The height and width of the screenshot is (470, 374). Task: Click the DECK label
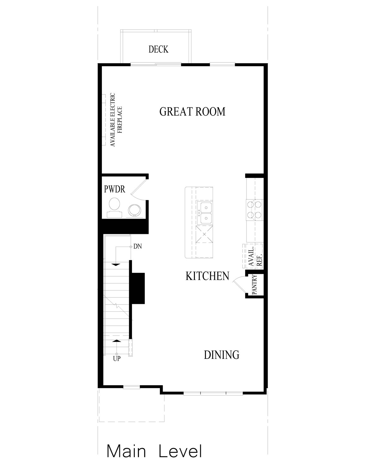159,49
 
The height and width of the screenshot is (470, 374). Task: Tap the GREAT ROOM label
192,112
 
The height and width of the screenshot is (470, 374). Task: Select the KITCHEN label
207,276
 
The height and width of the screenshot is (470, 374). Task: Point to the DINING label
221,355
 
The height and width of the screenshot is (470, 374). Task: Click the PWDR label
115,190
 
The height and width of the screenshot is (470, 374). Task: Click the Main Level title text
154,451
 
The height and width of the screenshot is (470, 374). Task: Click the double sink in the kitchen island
205,213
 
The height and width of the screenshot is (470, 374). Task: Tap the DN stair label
137,246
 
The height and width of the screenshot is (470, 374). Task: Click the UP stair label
116,359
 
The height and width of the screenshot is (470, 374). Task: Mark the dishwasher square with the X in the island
204,234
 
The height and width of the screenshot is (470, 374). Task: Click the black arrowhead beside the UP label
116,341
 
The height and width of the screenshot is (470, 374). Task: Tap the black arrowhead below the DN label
116,264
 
